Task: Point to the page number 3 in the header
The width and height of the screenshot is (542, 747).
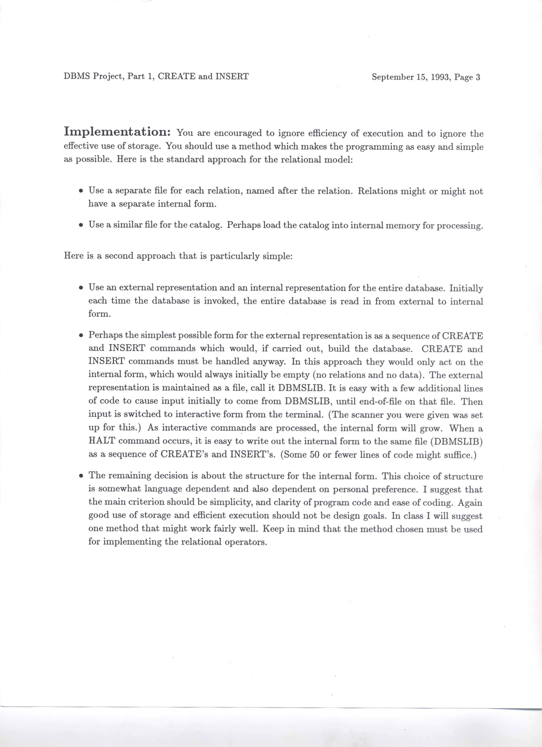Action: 478,77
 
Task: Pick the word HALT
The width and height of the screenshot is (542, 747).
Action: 101,441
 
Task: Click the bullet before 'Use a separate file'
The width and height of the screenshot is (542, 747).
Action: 81,191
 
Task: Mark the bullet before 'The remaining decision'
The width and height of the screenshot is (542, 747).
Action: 81,477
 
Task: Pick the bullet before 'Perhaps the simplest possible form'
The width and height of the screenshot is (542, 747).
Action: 81,336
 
